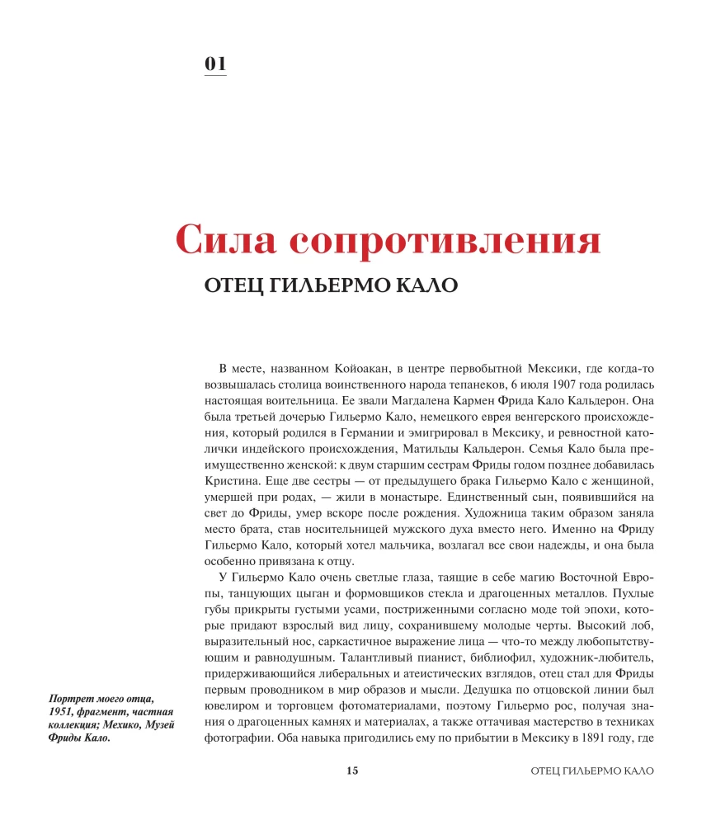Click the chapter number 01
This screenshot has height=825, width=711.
click(215, 64)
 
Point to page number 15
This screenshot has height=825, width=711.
click(352, 770)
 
